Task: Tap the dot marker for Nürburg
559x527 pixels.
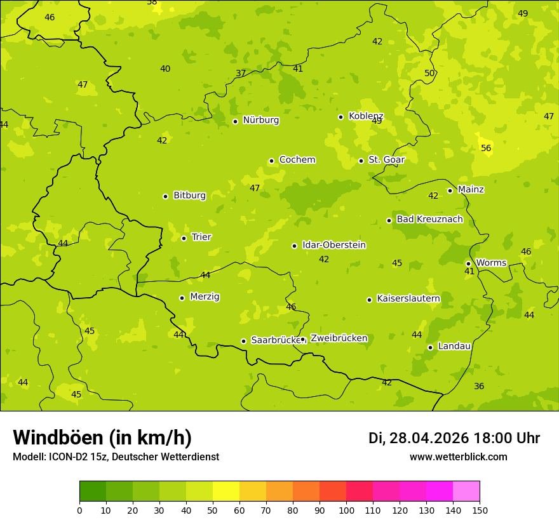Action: pyautogui.click(x=235, y=121)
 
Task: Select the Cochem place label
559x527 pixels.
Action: pyautogui.click(x=297, y=160)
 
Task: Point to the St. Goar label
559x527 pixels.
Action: pyautogui.click(x=386, y=160)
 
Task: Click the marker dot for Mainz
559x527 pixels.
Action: pyautogui.click(x=450, y=190)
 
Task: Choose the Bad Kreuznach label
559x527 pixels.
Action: pyautogui.click(x=429, y=220)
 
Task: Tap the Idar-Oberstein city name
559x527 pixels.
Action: pyautogui.click(x=333, y=245)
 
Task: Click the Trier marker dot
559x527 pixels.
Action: pyautogui.click(x=184, y=239)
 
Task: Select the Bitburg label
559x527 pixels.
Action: pyautogui.click(x=189, y=196)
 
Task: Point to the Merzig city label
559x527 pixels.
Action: pyautogui.click(x=205, y=297)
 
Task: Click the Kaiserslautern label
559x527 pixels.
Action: pyautogui.click(x=408, y=298)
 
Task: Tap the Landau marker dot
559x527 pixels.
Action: pyautogui.click(x=430, y=347)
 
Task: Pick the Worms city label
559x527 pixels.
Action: pyautogui.click(x=490, y=263)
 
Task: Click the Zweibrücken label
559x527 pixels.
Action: pyautogui.click(x=339, y=338)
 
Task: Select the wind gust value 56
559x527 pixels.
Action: pyautogui.click(x=486, y=149)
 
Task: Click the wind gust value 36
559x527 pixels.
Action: pyautogui.click(x=479, y=386)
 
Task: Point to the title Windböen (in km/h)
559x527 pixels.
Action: pyautogui.click(x=102, y=437)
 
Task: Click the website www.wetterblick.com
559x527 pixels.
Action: pyautogui.click(x=458, y=457)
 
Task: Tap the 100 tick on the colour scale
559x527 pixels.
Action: pyautogui.click(x=346, y=510)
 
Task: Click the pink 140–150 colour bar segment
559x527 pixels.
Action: pyautogui.click(x=466, y=491)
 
